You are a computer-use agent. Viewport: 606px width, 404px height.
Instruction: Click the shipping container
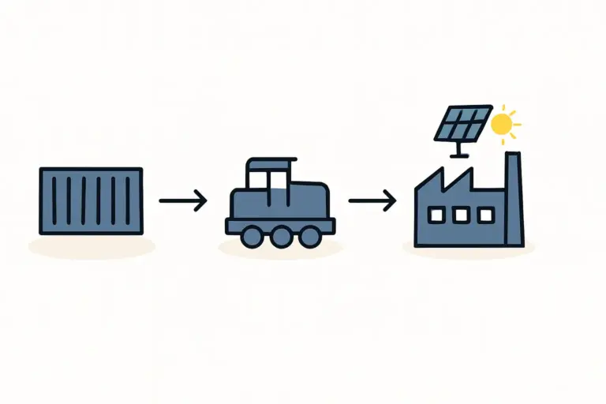click(x=91, y=200)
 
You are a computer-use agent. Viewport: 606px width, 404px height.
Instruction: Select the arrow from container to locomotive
click(x=182, y=201)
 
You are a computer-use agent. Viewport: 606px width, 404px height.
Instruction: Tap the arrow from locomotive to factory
click(x=372, y=201)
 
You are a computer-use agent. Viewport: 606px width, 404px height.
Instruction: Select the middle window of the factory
click(x=461, y=214)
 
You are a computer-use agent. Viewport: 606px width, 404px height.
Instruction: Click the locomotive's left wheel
click(x=252, y=235)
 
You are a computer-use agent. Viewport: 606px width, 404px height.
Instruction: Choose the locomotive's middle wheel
click(x=281, y=235)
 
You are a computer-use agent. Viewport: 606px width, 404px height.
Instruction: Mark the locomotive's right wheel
click(x=309, y=235)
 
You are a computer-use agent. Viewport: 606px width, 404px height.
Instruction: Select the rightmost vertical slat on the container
click(x=126, y=200)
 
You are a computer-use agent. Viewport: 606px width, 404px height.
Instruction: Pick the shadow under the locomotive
click(x=280, y=249)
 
